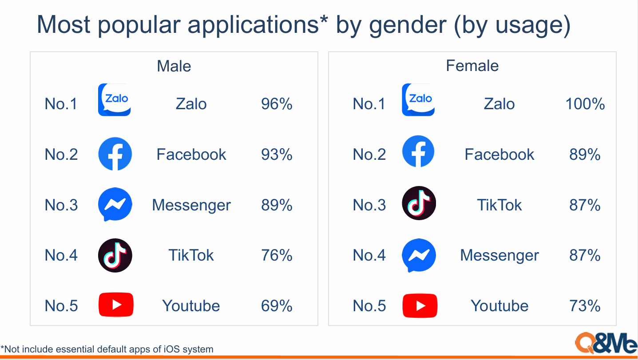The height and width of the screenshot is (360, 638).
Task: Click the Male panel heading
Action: [174, 66]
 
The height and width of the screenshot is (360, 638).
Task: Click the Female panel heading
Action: [472, 66]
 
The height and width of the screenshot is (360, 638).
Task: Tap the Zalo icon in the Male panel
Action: [114, 100]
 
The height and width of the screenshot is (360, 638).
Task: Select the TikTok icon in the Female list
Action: [419, 203]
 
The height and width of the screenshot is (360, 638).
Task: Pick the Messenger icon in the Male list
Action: [115, 204]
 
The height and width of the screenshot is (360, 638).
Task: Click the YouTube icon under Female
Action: [420, 305]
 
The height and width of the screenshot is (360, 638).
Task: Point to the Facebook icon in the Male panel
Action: [115, 154]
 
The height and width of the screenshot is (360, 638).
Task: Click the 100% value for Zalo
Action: [585, 104]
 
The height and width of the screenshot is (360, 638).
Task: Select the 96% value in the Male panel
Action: [277, 104]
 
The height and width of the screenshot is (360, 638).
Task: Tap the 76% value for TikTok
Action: [277, 255]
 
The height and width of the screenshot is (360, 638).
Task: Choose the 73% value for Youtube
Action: [585, 305]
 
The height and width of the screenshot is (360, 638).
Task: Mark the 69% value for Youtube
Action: [277, 305]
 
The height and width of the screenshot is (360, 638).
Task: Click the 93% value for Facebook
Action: [277, 154]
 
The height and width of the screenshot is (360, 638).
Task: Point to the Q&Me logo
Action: [606, 343]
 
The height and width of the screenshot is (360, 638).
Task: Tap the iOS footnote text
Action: [107, 349]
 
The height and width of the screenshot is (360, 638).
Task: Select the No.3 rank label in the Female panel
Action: [369, 205]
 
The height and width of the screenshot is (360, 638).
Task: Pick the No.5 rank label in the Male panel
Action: [61, 305]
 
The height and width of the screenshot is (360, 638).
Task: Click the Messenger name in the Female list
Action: [499, 255]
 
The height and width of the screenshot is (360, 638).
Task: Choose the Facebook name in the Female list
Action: [499, 154]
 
